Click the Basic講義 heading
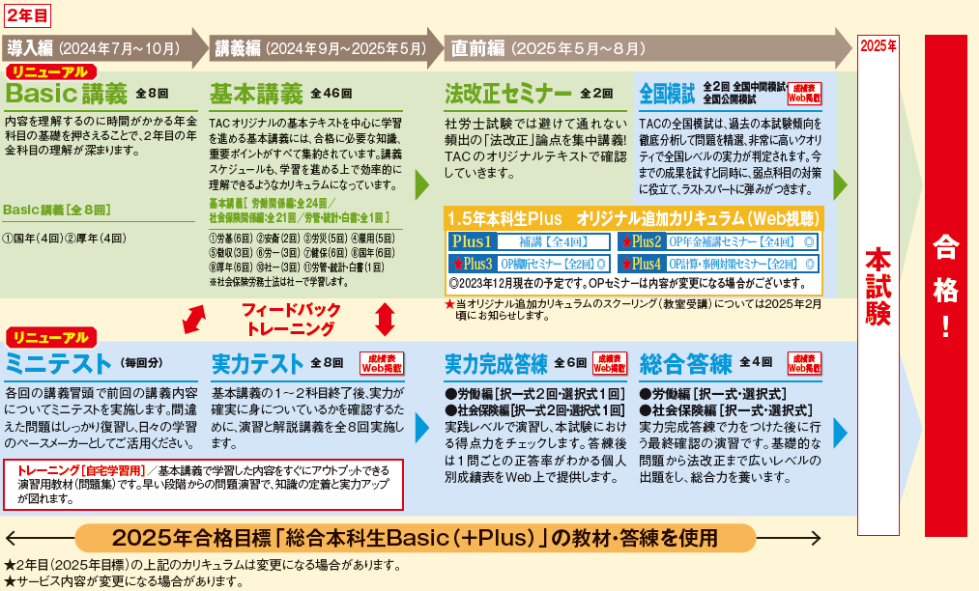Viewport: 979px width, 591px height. coord(67,94)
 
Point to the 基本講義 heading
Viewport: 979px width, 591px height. coord(256,94)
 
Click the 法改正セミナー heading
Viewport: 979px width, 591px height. coord(507,94)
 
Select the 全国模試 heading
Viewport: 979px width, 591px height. coord(667,94)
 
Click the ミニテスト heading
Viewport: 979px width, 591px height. coord(57,364)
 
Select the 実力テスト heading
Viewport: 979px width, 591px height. coord(257,364)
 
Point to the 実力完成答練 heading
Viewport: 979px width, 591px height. coord(496,364)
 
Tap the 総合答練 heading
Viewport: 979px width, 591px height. coord(686,364)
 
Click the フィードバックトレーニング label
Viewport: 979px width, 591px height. coord(291,318)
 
